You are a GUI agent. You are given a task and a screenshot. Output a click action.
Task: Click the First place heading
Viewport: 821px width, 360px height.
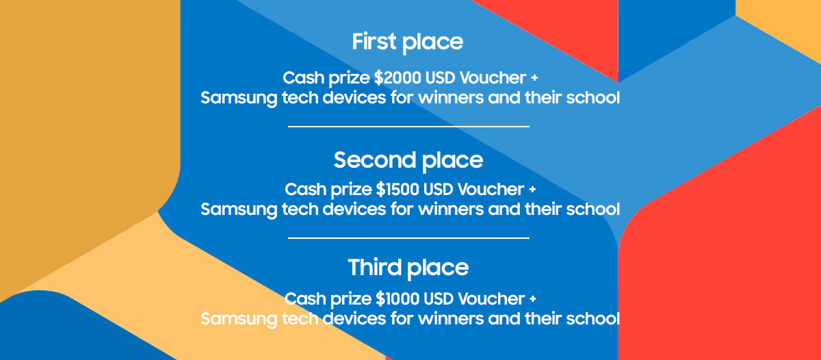[x=408, y=42]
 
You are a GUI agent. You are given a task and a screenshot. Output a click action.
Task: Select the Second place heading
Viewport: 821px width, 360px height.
[x=408, y=161]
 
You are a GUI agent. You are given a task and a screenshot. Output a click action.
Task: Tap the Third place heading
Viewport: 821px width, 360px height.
[x=408, y=268]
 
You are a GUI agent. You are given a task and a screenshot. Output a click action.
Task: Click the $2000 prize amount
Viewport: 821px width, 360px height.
[x=398, y=78]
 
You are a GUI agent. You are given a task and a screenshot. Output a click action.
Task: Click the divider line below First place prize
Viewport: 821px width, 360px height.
[x=408, y=127]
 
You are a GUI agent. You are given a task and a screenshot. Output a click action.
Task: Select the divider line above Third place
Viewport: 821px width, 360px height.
[x=408, y=238]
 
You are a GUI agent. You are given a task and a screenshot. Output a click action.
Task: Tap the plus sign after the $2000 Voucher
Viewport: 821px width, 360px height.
[x=534, y=78]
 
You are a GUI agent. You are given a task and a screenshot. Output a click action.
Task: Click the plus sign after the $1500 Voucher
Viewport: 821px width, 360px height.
[x=532, y=190]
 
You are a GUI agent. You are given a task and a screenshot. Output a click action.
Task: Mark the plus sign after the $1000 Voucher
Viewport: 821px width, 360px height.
[x=532, y=299]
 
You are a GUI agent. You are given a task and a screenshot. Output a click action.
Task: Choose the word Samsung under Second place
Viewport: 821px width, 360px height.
[x=239, y=210]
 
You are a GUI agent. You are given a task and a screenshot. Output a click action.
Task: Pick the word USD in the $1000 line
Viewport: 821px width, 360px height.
[x=439, y=299]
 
